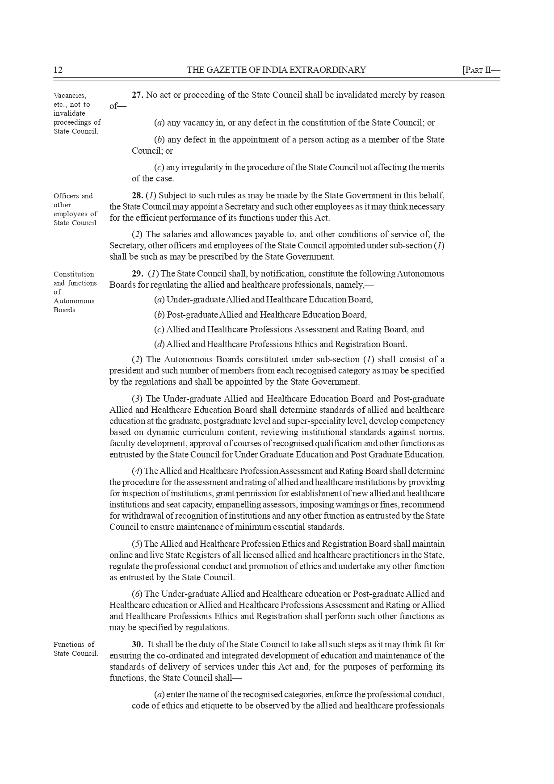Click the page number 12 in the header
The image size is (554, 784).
[x=58, y=70]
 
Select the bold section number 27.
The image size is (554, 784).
[x=137, y=95]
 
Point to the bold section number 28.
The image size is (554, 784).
[x=137, y=195]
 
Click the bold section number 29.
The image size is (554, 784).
[x=137, y=273]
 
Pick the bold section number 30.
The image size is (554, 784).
[x=137, y=644]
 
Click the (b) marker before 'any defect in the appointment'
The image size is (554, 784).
[x=159, y=139]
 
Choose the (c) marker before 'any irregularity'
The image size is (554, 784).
[x=159, y=167]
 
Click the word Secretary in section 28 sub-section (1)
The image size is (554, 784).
[x=242, y=206]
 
